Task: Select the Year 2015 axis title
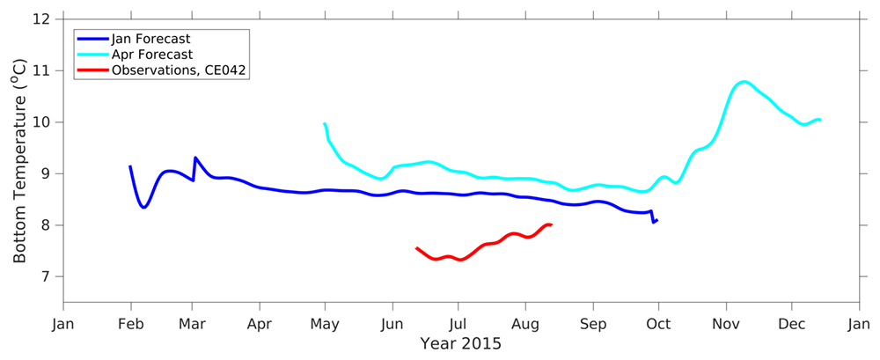(460, 344)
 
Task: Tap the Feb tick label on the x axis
(130, 323)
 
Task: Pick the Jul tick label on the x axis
(457, 323)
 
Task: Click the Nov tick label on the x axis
(725, 323)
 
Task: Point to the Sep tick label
(592, 323)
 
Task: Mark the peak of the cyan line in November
(744, 82)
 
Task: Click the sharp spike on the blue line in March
(194, 158)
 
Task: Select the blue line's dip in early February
(143, 207)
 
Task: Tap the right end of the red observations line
(551, 224)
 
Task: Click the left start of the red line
(416, 248)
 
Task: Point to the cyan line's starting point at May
(325, 124)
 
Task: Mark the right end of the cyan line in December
(820, 120)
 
